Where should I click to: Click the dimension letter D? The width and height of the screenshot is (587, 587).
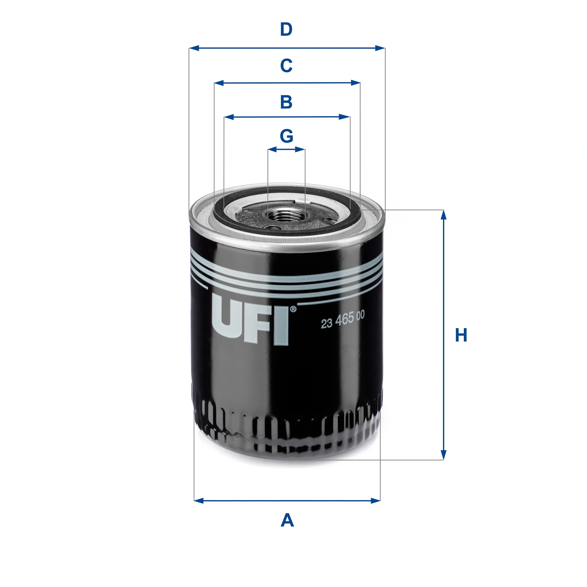[286, 30]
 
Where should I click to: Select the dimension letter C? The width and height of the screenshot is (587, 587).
[286, 65]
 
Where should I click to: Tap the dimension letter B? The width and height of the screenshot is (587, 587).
[286, 102]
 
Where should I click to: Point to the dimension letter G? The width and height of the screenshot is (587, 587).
[286, 136]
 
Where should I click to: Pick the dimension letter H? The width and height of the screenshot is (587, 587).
[461, 335]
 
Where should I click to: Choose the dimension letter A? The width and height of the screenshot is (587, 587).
[287, 520]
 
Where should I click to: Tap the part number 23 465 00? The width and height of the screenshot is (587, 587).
[342, 320]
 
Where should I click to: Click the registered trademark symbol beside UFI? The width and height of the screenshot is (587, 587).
[293, 309]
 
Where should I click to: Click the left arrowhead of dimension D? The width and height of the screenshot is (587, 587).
[194, 48]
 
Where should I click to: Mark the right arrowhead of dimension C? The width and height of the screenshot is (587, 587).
[356, 83]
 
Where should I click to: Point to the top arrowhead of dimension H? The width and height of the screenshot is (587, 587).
[443, 215]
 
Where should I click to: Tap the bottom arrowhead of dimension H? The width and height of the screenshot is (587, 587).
[443, 455]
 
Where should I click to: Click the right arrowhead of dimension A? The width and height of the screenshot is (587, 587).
[375, 500]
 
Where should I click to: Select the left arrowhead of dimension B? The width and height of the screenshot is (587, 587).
[229, 117]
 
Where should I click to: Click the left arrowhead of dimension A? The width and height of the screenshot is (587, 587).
[199, 500]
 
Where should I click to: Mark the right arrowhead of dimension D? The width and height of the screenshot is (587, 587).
[380, 48]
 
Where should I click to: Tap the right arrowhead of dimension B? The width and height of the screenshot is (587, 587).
[345, 117]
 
